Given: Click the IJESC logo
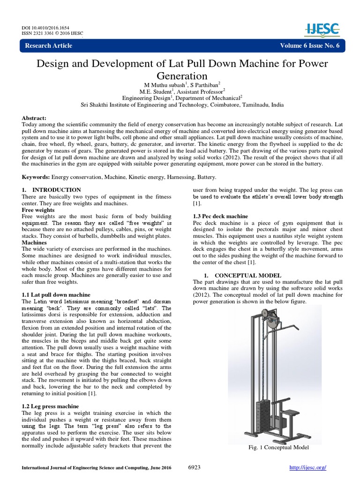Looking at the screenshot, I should [x=324, y=29].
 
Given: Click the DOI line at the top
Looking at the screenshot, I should [x=43, y=27].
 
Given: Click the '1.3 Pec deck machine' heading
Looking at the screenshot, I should [x=220, y=216].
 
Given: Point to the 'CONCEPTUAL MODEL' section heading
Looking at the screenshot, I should [x=247, y=275].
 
